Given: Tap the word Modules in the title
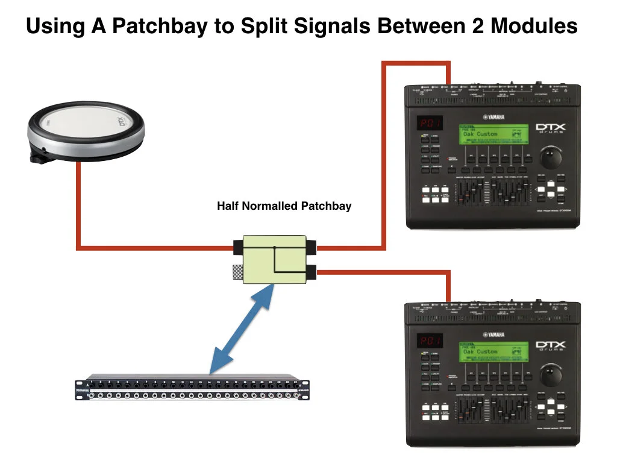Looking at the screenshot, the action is tap(534, 27).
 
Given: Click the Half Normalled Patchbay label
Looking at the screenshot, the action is tap(284, 206).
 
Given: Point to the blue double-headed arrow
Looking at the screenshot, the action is tap(241, 326).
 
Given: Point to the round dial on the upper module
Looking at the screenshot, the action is tap(550, 159).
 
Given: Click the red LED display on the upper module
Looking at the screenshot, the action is tap(430, 124).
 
